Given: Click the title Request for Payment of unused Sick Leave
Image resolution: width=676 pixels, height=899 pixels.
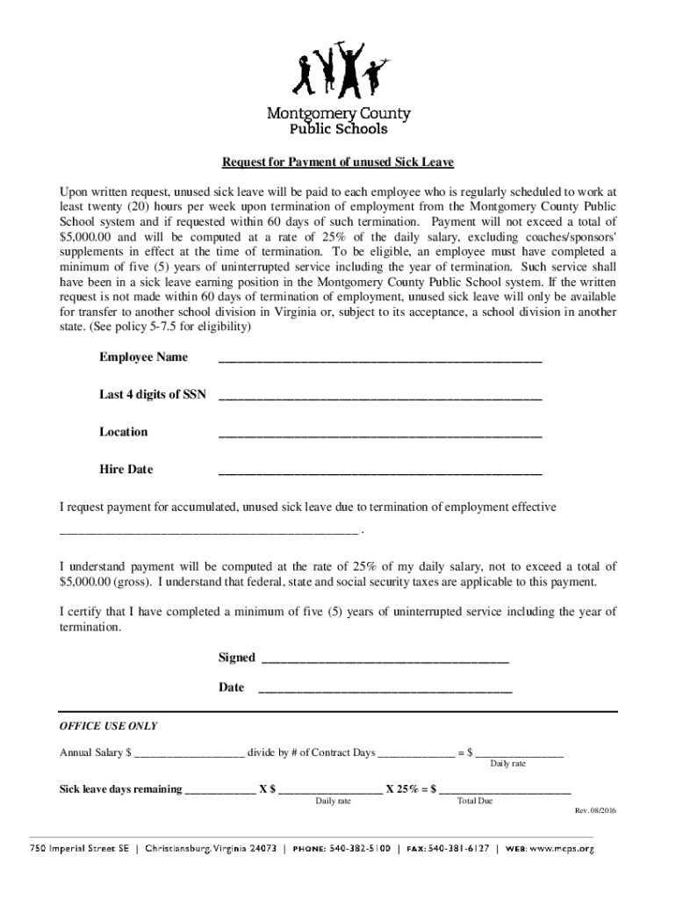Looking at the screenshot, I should tap(337, 162).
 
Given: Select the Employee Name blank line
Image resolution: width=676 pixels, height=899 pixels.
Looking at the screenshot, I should tap(379, 360).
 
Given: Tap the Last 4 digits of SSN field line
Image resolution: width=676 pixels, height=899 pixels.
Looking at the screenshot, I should tap(379, 398).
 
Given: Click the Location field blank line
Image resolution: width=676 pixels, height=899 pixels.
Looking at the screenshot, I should tap(379, 435).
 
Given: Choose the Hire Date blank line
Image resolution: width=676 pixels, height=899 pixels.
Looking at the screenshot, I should tap(379, 473).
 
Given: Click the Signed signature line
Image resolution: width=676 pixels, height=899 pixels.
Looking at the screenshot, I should tap(385, 660).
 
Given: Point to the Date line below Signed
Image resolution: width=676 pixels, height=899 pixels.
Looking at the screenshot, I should tap(385, 690).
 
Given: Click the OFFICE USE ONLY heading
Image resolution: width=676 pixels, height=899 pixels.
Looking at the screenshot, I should tap(108, 726).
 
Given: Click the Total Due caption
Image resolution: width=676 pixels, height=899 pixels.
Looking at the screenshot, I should tap(475, 802).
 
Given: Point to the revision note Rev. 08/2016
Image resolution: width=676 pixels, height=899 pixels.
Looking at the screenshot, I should tap(595, 810).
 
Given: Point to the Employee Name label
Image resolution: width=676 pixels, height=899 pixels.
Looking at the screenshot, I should tap(143, 357).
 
